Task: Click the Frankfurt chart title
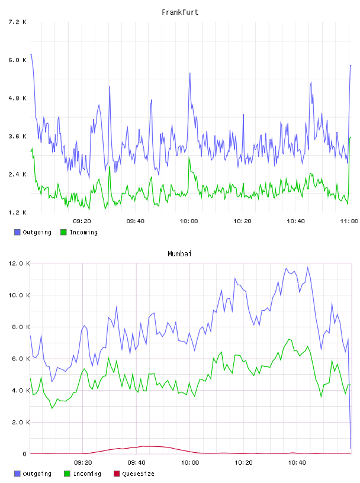(x=180, y=12)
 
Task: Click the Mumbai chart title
(x=179, y=254)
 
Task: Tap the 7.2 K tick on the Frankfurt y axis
(x=18, y=22)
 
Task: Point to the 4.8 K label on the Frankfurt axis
(x=18, y=98)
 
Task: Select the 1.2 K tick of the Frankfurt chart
(x=18, y=212)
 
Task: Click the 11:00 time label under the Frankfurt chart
(x=349, y=221)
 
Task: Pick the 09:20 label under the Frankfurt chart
(x=82, y=221)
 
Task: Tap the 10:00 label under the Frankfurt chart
(x=189, y=221)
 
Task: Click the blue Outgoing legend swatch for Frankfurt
(x=17, y=232)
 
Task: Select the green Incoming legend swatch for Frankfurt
(x=63, y=232)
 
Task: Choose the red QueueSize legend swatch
(x=117, y=474)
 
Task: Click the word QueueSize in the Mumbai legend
(x=138, y=474)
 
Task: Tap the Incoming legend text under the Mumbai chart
(x=87, y=474)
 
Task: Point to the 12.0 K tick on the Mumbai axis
(x=19, y=263)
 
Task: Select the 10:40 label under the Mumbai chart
(x=297, y=463)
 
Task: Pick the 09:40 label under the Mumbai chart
(x=136, y=463)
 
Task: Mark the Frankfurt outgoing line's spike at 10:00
(x=190, y=73)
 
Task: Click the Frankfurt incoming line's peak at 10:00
(x=189, y=157)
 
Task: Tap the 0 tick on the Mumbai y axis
(x=25, y=454)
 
